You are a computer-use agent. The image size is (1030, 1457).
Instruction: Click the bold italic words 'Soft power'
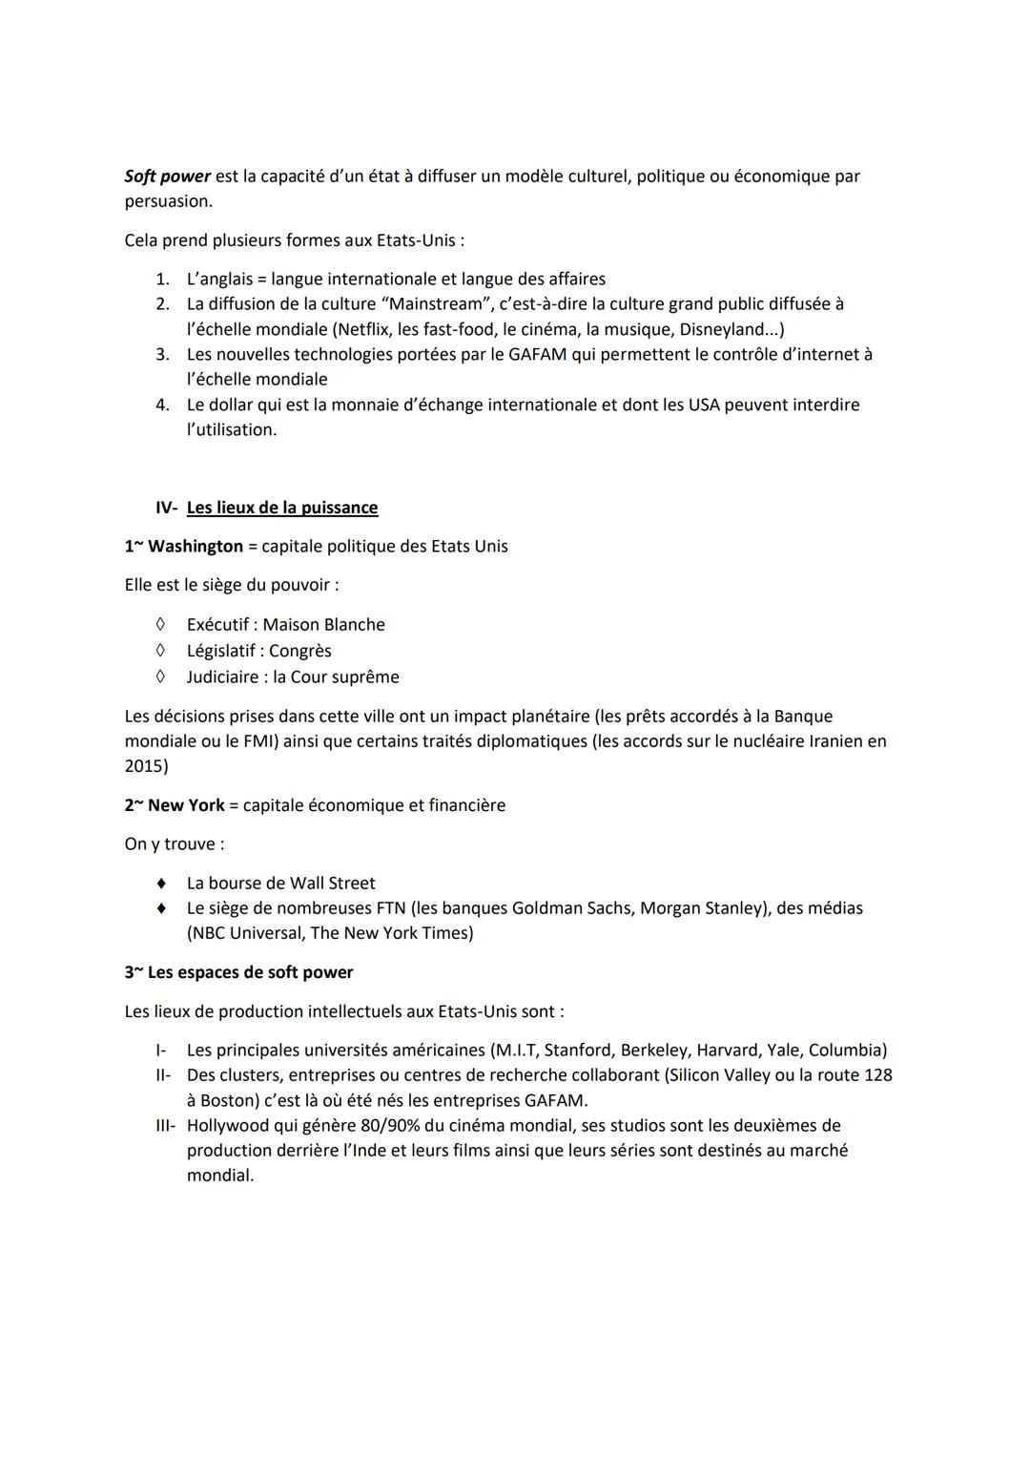(167, 177)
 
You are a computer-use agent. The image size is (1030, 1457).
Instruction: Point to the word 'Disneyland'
(722, 329)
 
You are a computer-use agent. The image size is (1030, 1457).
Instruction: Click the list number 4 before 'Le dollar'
(162, 405)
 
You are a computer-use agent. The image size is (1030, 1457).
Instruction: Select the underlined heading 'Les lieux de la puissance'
(282, 508)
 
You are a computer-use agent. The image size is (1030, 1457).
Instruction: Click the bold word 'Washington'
(196, 547)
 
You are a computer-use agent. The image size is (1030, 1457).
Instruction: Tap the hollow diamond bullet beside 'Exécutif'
(161, 625)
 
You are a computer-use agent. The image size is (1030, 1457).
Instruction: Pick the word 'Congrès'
(300, 651)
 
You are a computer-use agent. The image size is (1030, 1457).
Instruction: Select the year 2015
(145, 766)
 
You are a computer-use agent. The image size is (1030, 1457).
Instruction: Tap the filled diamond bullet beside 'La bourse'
(162, 884)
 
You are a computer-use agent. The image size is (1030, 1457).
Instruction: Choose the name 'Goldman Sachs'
(571, 908)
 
